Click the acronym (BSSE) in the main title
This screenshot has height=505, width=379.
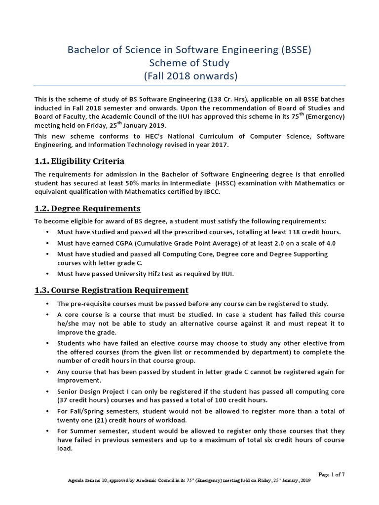coord(294,50)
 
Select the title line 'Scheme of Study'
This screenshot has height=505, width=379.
coord(189,63)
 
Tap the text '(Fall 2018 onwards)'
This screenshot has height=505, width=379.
coord(189,76)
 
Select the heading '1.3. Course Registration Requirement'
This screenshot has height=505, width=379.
coord(111,289)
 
